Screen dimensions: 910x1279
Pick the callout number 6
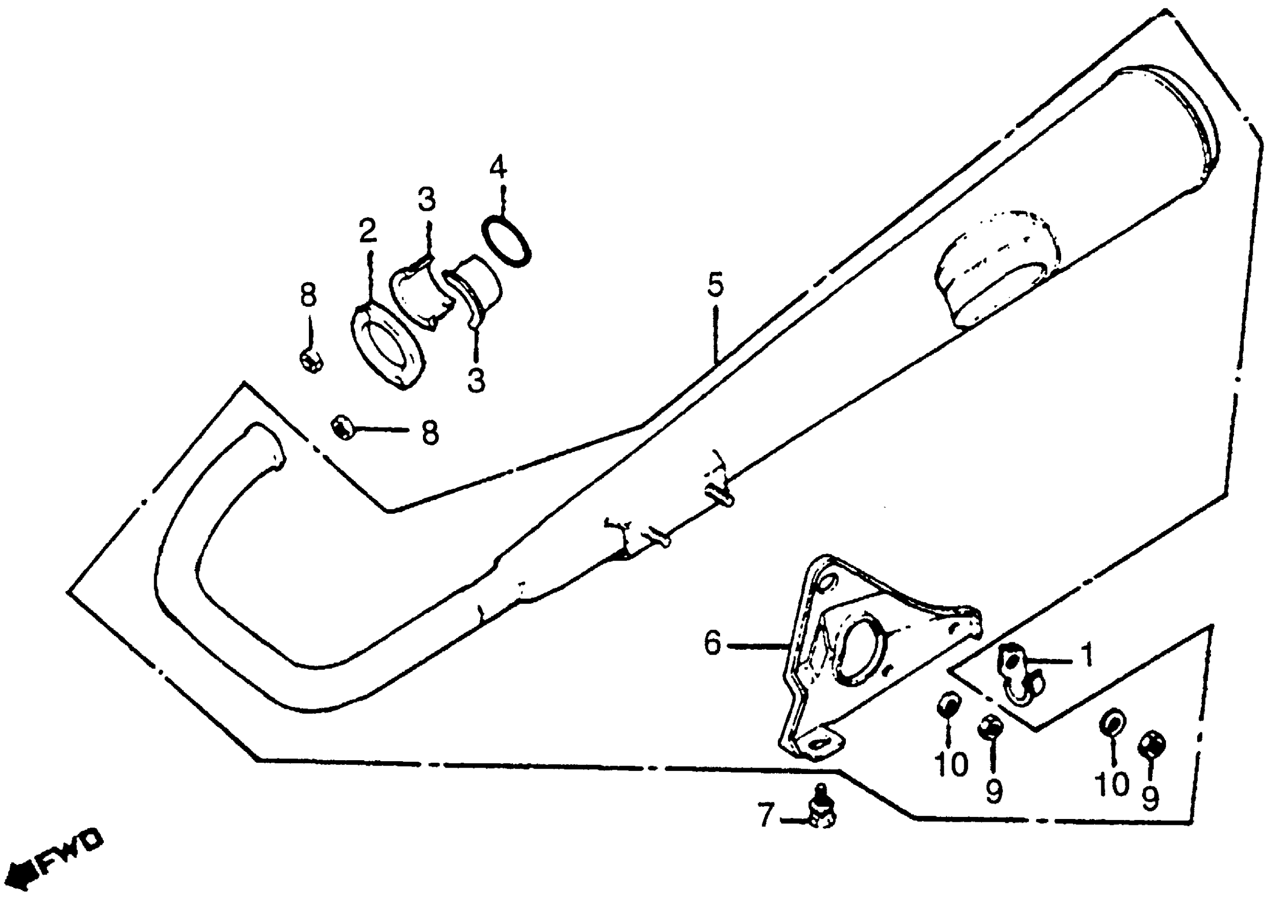[713, 643]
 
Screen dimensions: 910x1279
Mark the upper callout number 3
[427, 200]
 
